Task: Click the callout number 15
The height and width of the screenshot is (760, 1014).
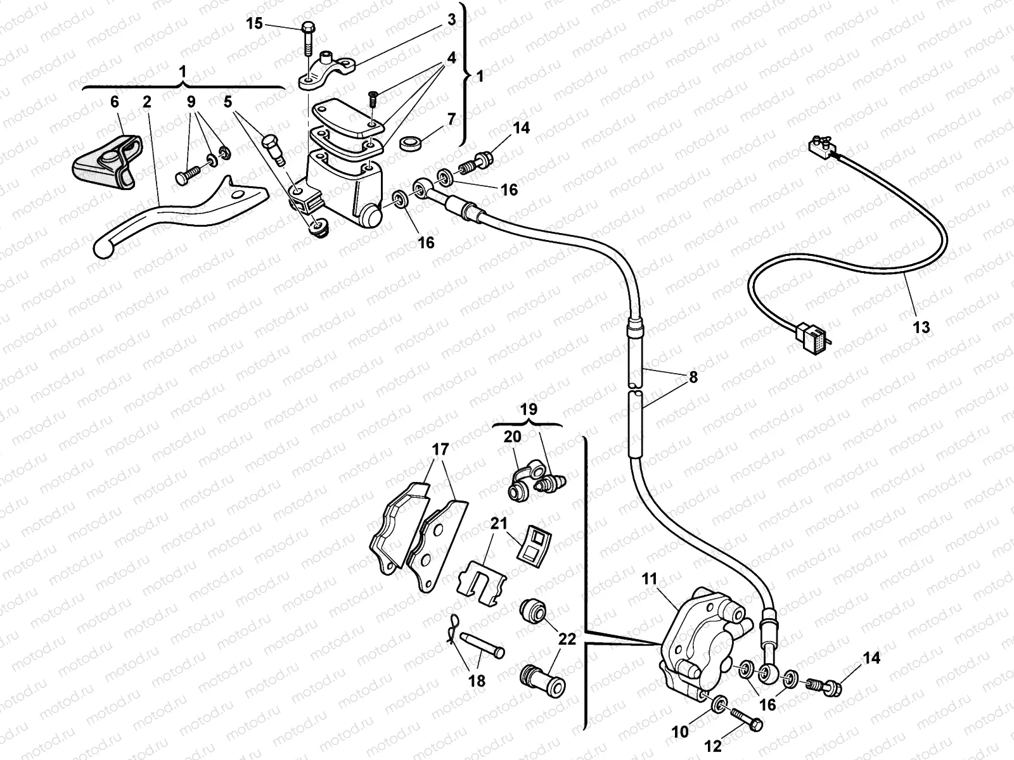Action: pyautogui.click(x=254, y=24)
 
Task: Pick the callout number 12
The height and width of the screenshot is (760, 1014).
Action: pyautogui.click(x=714, y=747)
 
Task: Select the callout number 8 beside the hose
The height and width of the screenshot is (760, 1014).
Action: pyautogui.click(x=693, y=377)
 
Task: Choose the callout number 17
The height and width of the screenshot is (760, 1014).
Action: pyautogui.click(x=440, y=450)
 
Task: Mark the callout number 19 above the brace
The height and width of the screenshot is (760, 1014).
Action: pyautogui.click(x=529, y=409)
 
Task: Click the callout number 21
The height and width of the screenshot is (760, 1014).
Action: pyautogui.click(x=499, y=524)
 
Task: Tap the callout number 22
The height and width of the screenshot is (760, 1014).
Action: pyautogui.click(x=567, y=639)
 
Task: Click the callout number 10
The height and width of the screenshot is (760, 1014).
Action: pyautogui.click(x=680, y=732)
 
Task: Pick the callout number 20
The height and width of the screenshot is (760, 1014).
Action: pyautogui.click(x=513, y=436)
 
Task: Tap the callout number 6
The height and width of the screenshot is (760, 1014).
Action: pyautogui.click(x=114, y=102)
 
